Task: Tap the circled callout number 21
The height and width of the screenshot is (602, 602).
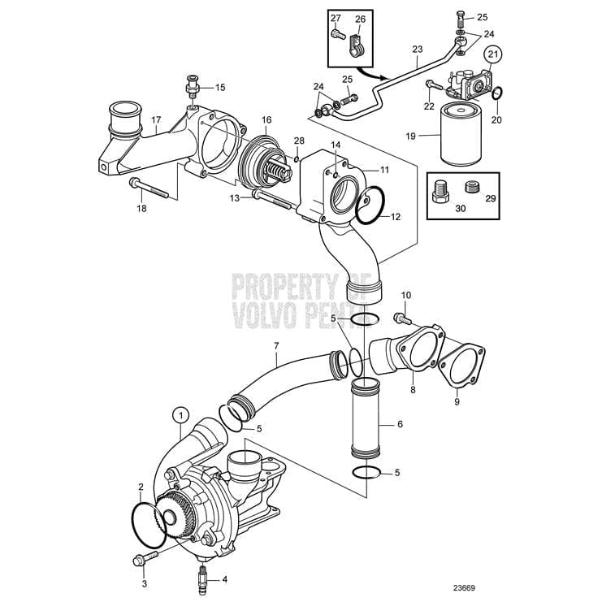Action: [x=494, y=55]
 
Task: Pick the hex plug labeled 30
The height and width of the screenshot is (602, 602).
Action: [x=440, y=192]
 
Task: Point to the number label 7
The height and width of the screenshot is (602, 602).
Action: [x=276, y=346]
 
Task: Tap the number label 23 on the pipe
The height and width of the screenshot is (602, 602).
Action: [x=417, y=50]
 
